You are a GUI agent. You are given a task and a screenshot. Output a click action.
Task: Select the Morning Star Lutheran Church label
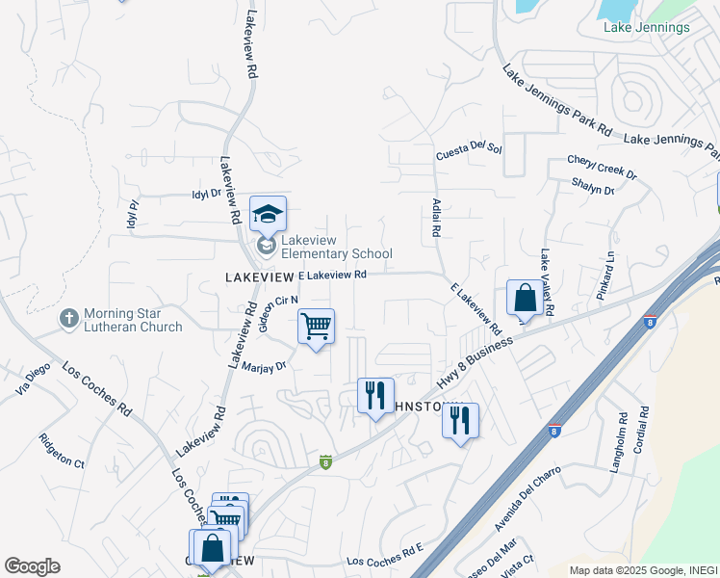coord(133,320)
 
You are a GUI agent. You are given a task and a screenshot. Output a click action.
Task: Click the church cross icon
coord(68,318)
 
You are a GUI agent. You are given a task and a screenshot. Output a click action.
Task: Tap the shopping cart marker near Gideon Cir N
coord(316,328)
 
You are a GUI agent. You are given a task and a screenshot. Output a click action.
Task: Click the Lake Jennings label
coord(646,27)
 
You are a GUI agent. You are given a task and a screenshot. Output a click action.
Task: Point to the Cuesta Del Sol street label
coord(469,149)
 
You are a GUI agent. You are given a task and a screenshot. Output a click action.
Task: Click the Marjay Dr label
coord(266,366)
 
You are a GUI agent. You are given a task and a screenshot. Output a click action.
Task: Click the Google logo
coord(33,565)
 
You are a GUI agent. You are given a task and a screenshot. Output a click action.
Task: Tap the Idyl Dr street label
coord(207,194)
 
